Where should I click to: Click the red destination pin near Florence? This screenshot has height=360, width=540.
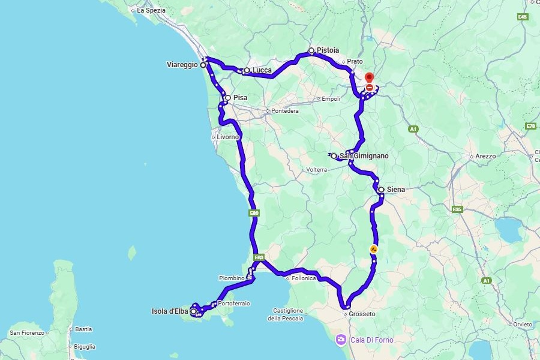pyautogui.click(x=369, y=78)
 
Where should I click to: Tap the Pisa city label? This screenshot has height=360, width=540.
pyautogui.click(x=240, y=97)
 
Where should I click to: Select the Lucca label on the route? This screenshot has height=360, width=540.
pyautogui.click(x=262, y=70)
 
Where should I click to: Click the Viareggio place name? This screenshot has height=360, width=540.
pyautogui.click(x=182, y=65)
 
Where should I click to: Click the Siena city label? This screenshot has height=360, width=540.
pyautogui.click(x=395, y=190)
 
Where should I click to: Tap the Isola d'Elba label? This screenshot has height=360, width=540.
pyautogui.click(x=170, y=311)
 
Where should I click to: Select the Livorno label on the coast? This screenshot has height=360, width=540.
pyautogui.click(x=227, y=137)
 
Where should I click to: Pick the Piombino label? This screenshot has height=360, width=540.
pyautogui.click(x=231, y=278)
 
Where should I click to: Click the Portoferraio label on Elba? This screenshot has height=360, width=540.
pyautogui.click(x=233, y=304)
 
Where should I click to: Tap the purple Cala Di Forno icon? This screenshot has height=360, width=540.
pyautogui.click(x=341, y=340)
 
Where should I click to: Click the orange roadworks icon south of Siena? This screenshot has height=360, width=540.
pyautogui.click(x=374, y=249)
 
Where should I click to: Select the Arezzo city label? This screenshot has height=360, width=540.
pyautogui.click(x=485, y=156)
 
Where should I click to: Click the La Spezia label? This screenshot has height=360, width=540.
pyautogui.click(x=151, y=10)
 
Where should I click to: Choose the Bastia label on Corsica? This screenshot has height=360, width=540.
pyautogui.click(x=83, y=329)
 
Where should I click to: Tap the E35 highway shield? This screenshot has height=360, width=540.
pyautogui.click(x=457, y=209)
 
